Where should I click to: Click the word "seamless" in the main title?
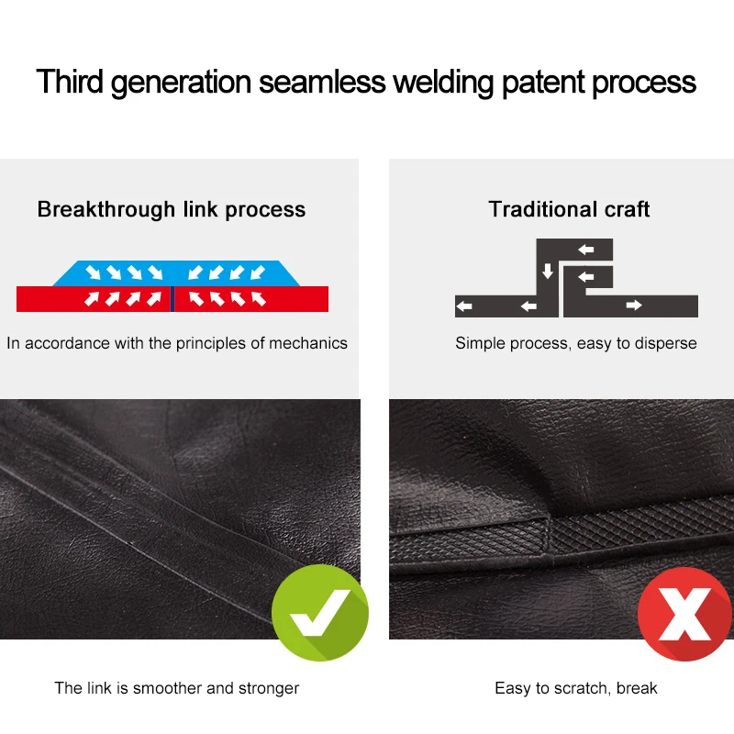pos(322,82)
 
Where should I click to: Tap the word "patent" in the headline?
pos(542,83)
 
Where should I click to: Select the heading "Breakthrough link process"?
pos(172,210)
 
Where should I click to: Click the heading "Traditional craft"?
pos(569,209)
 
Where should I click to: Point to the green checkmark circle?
pos(319,612)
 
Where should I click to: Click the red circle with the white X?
pos(684,614)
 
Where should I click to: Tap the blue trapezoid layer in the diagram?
pos(176,272)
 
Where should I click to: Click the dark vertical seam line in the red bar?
pos(172,299)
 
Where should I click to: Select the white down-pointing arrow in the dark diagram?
pos(547,271)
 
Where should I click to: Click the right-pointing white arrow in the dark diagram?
pos(634,306)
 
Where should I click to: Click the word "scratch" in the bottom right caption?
pos(582,688)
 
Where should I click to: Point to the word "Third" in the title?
pos(70,82)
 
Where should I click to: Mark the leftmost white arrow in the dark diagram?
pos(464,306)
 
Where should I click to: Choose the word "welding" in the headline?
pos(443,83)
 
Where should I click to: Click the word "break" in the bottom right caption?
pos(637,688)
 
